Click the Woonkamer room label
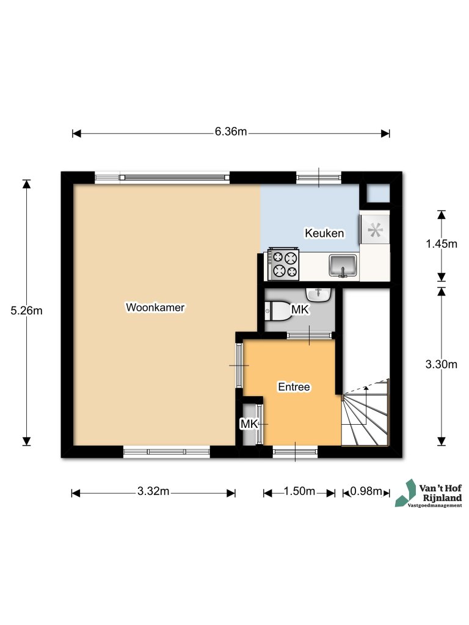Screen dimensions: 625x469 click(155, 307)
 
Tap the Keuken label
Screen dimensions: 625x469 click(324, 233)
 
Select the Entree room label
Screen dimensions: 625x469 click(294, 387)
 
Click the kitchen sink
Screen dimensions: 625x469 click(343, 266)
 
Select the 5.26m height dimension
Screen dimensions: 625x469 click(26, 311)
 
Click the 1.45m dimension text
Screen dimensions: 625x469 click(441, 244)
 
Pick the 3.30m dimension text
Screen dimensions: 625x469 click(441, 365)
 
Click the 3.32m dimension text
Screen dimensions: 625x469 click(153, 492)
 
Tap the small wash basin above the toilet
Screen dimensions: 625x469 click(318, 294)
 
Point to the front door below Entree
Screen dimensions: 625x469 click(294, 452)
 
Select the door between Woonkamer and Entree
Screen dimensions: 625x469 click(239, 365)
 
